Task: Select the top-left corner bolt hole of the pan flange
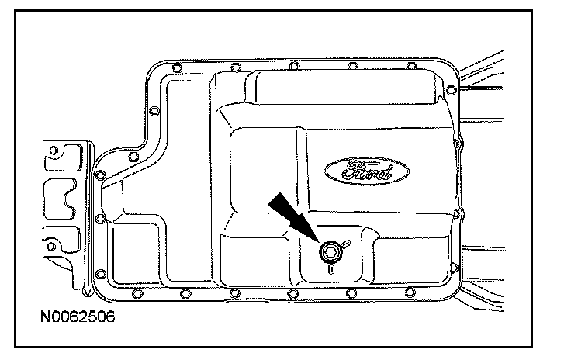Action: [x=177, y=74]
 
